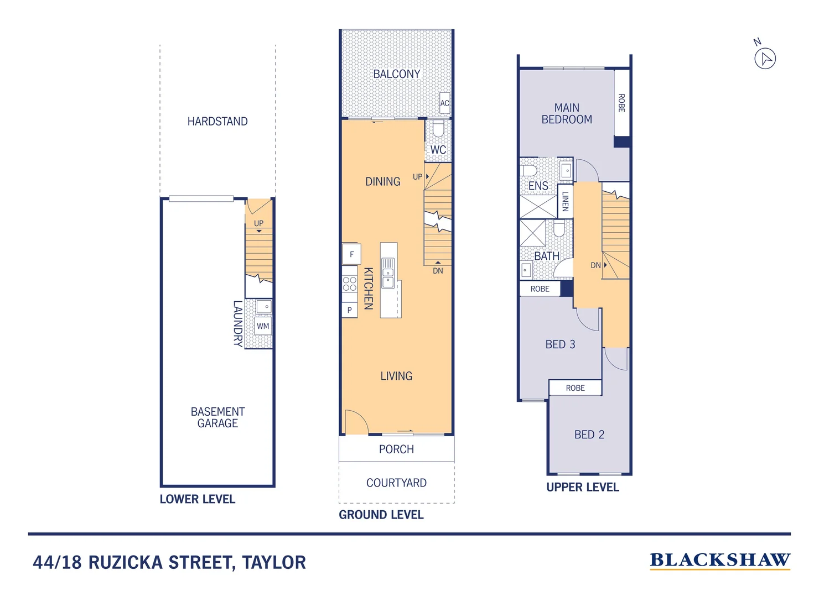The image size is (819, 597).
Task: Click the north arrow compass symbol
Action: pyautogui.click(x=765, y=59)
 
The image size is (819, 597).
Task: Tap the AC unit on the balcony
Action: pyautogui.click(x=444, y=103)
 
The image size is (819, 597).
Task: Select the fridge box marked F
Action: pyautogui.click(x=352, y=254)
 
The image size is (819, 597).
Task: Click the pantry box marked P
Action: pyautogui.click(x=350, y=310)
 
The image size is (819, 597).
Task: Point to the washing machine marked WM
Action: pyautogui.click(x=263, y=326)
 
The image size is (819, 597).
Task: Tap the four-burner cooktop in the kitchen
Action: pyautogui.click(x=350, y=284)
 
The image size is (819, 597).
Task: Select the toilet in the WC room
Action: pyautogui.click(x=438, y=129)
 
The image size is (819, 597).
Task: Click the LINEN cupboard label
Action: pyautogui.click(x=565, y=201)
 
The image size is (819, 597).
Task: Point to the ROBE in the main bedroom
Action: pyautogui.click(x=621, y=103)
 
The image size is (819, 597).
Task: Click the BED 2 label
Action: pyautogui.click(x=589, y=434)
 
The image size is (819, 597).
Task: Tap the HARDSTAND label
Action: pyautogui.click(x=217, y=121)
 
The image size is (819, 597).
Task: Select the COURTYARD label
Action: pyautogui.click(x=396, y=483)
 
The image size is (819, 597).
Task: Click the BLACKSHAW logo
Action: pyautogui.click(x=720, y=561)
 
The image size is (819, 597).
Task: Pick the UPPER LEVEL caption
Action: pyautogui.click(x=583, y=487)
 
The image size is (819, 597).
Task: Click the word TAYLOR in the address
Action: pyautogui.click(x=274, y=562)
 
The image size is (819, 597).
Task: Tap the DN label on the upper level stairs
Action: pyautogui.click(x=595, y=265)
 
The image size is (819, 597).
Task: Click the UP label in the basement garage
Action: pyautogui.click(x=258, y=223)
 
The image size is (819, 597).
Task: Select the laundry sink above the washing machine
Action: pyautogui.click(x=263, y=307)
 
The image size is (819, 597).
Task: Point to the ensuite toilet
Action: pyautogui.click(x=528, y=170)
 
